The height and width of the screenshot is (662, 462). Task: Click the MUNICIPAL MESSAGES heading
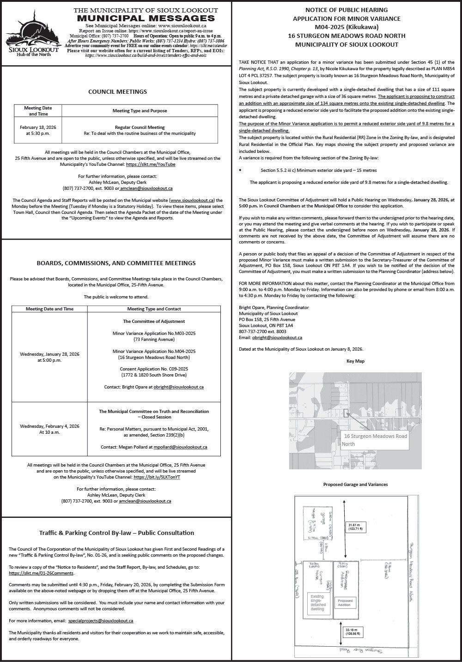click(146, 18)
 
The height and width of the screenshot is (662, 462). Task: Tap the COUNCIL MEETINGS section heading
click(117, 91)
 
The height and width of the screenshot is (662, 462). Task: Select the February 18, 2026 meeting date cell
click(38, 130)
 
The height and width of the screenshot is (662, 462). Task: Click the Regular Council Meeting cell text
click(140, 127)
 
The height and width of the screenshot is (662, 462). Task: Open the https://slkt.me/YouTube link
click(151, 164)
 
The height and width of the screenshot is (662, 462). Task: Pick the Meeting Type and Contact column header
click(154, 309)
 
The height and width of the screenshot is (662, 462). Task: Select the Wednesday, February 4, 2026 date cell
click(49, 429)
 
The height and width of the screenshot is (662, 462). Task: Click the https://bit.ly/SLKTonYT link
click(157, 477)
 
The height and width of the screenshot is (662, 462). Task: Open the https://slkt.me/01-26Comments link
click(41, 573)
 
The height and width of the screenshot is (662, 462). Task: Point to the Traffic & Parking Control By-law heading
click(116, 533)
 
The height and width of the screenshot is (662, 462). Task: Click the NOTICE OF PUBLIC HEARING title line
click(346, 10)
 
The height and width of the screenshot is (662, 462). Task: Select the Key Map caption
click(355, 361)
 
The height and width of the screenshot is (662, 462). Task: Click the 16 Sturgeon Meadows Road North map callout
click(375, 440)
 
